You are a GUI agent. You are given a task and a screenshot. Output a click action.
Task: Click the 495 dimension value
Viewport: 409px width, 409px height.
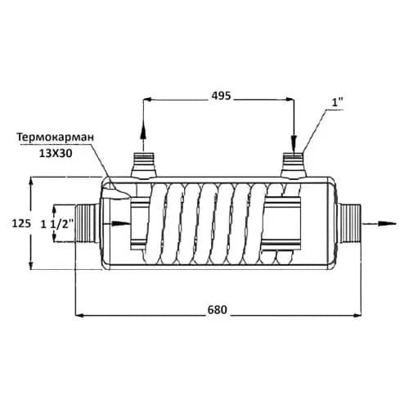pos(221,96)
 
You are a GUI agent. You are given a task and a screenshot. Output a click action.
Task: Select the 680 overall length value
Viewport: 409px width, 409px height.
pos(218,310)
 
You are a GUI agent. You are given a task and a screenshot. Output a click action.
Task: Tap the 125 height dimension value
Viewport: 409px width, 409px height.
pos(21,223)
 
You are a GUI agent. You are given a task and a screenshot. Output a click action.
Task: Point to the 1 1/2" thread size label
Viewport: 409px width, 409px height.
pos(57,224)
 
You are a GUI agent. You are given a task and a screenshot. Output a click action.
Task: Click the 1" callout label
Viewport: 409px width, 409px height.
pos(337,103)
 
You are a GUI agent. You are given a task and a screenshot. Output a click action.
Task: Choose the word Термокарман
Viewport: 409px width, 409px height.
pos(56,137)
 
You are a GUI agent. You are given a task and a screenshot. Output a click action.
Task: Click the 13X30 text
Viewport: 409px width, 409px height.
pos(56,154)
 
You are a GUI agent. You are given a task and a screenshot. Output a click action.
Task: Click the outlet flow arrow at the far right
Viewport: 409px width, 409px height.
pos(379,223)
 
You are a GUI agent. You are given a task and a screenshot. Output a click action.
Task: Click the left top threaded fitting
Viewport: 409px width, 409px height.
pos(143,165)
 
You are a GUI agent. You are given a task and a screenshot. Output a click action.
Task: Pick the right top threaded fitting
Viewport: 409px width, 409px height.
pos(294,165)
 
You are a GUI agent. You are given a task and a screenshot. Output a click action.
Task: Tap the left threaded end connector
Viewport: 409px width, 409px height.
pos(88,224)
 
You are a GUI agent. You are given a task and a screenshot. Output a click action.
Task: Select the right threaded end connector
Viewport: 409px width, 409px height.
pos(349,223)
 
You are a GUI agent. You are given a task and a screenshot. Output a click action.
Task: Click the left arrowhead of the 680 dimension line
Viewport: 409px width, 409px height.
pos(79,316)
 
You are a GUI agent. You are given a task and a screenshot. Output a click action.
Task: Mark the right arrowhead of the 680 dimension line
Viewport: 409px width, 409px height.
pos(357,316)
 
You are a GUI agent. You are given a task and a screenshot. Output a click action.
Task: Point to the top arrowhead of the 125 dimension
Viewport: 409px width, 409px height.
pos(31,182)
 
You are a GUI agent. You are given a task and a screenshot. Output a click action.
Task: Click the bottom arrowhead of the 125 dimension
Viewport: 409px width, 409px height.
pos(31,265)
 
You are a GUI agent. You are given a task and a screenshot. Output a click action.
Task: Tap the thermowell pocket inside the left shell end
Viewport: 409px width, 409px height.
pos(116,193)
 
